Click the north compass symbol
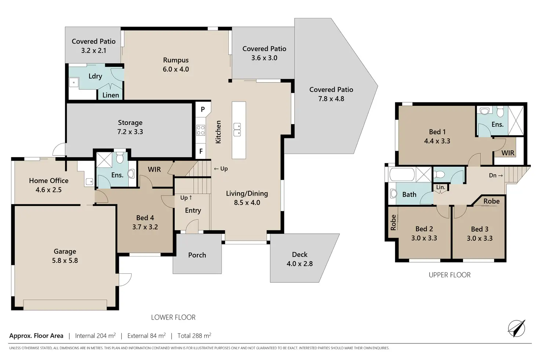coord(517,328)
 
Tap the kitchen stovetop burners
coord(201,130)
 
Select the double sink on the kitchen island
coord(237,130)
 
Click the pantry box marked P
coord(203,109)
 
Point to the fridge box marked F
coord(201,151)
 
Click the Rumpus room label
coord(176,60)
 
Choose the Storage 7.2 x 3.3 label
coord(130,127)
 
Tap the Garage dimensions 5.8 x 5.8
coord(65,261)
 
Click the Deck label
coord(300,254)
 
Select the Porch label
coord(197,255)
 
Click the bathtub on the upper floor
coord(402,174)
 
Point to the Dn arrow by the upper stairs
coord(496,175)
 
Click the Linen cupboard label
coord(111,95)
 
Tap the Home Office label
coord(49,181)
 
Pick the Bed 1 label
coord(437,132)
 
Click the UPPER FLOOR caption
coord(450,275)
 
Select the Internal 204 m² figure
coord(95,336)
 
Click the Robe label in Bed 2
coord(393,222)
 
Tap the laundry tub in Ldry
coord(74,83)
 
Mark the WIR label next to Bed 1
coord(508,153)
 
